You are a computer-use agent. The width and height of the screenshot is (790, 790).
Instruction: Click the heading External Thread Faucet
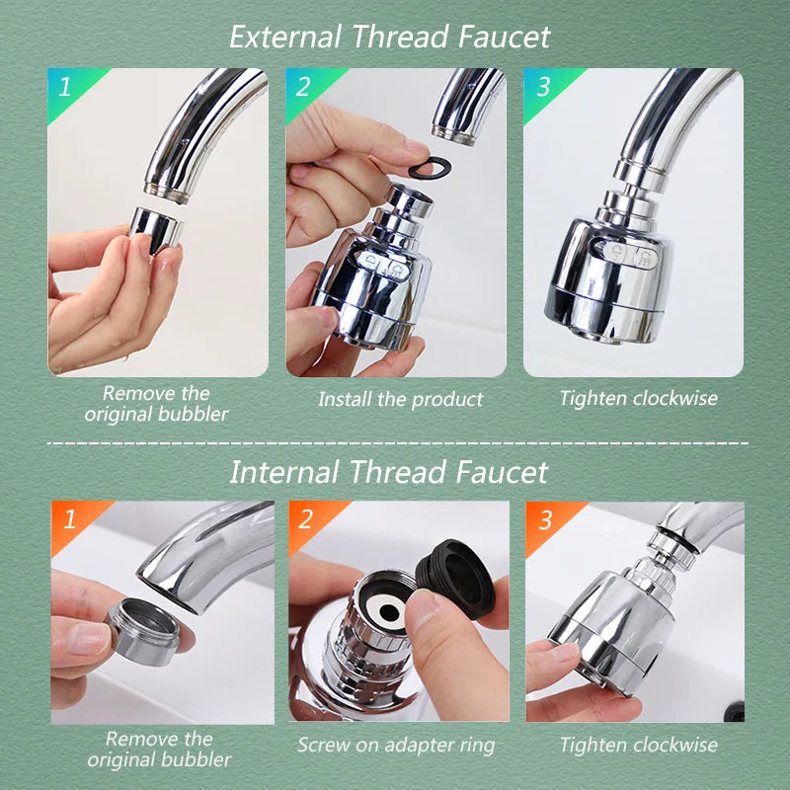[x=389, y=37]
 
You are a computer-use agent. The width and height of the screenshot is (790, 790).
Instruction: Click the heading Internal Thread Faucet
[x=389, y=471]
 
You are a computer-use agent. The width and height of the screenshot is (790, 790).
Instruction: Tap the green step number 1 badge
[x=65, y=87]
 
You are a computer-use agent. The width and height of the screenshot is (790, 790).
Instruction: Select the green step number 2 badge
[x=303, y=87]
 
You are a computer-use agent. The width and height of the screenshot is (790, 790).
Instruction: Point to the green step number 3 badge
[x=542, y=87]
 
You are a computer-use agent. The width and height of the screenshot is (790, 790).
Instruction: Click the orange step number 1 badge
[x=69, y=519]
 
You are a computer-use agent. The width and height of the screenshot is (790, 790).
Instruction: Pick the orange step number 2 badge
[x=306, y=519]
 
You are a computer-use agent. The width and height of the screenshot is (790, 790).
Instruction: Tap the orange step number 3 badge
[x=544, y=519]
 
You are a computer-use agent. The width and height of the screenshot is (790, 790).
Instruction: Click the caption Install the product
[x=400, y=400]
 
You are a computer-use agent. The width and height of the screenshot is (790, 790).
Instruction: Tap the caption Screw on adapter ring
[x=397, y=745]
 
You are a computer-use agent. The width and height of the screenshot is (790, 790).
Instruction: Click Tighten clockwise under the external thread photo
[x=638, y=399]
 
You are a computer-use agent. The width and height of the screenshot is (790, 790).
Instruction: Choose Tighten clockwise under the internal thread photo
[x=638, y=745]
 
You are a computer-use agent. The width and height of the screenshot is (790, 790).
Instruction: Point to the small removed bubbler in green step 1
[x=156, y=228]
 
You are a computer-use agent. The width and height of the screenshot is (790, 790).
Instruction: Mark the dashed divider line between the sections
[x=395, y=443]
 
